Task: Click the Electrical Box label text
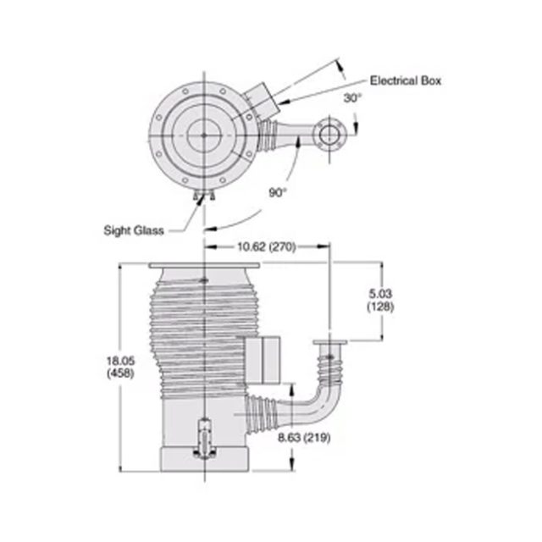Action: (x=406, y=80)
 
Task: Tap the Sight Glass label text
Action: (x=134, y=229)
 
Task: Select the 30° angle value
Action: (x=352, y=98)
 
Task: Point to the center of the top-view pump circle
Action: (x=204, y=132)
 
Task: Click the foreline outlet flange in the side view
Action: (x=329, y=344)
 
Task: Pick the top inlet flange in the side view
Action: (x=204, y=268)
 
